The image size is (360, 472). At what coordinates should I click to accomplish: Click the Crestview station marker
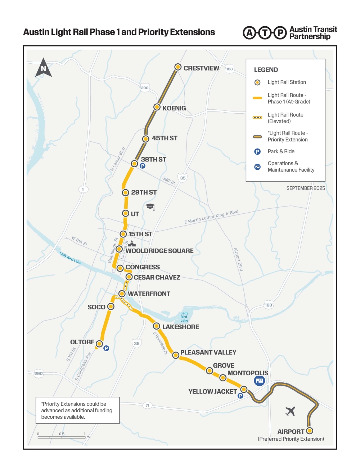[178, 67]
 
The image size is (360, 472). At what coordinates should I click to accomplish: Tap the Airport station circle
[309, 431]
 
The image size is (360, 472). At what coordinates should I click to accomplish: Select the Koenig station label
[174, 108]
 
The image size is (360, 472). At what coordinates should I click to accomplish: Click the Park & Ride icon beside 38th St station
[143, 166]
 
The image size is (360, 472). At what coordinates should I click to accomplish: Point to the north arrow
[44, 68]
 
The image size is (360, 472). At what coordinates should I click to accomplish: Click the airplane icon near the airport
[290, 411]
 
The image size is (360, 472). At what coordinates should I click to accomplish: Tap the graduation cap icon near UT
[150, 206]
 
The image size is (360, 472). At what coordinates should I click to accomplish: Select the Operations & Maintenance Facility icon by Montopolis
[260, 380]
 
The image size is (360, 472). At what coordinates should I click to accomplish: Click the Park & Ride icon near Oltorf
[106, 348]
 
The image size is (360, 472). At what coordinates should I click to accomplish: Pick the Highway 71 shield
[147, 405]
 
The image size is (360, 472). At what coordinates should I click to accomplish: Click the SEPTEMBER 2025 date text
[305, 188]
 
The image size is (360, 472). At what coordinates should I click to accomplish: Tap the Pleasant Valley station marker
[176, 355]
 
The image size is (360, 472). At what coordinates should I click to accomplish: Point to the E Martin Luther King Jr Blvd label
[211, 217]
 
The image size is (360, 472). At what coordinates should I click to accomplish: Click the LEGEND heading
[266, 70]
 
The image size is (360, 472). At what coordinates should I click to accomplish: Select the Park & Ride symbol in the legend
[257, 151]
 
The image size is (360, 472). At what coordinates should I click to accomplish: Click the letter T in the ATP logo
[265, 33]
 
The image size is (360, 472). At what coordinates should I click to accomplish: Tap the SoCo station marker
[111, 307]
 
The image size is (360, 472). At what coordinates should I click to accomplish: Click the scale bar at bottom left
[62, 437]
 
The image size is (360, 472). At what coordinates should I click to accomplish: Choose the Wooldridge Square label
[159, 251]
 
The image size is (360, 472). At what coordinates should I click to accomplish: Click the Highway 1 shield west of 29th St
[83, 189]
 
